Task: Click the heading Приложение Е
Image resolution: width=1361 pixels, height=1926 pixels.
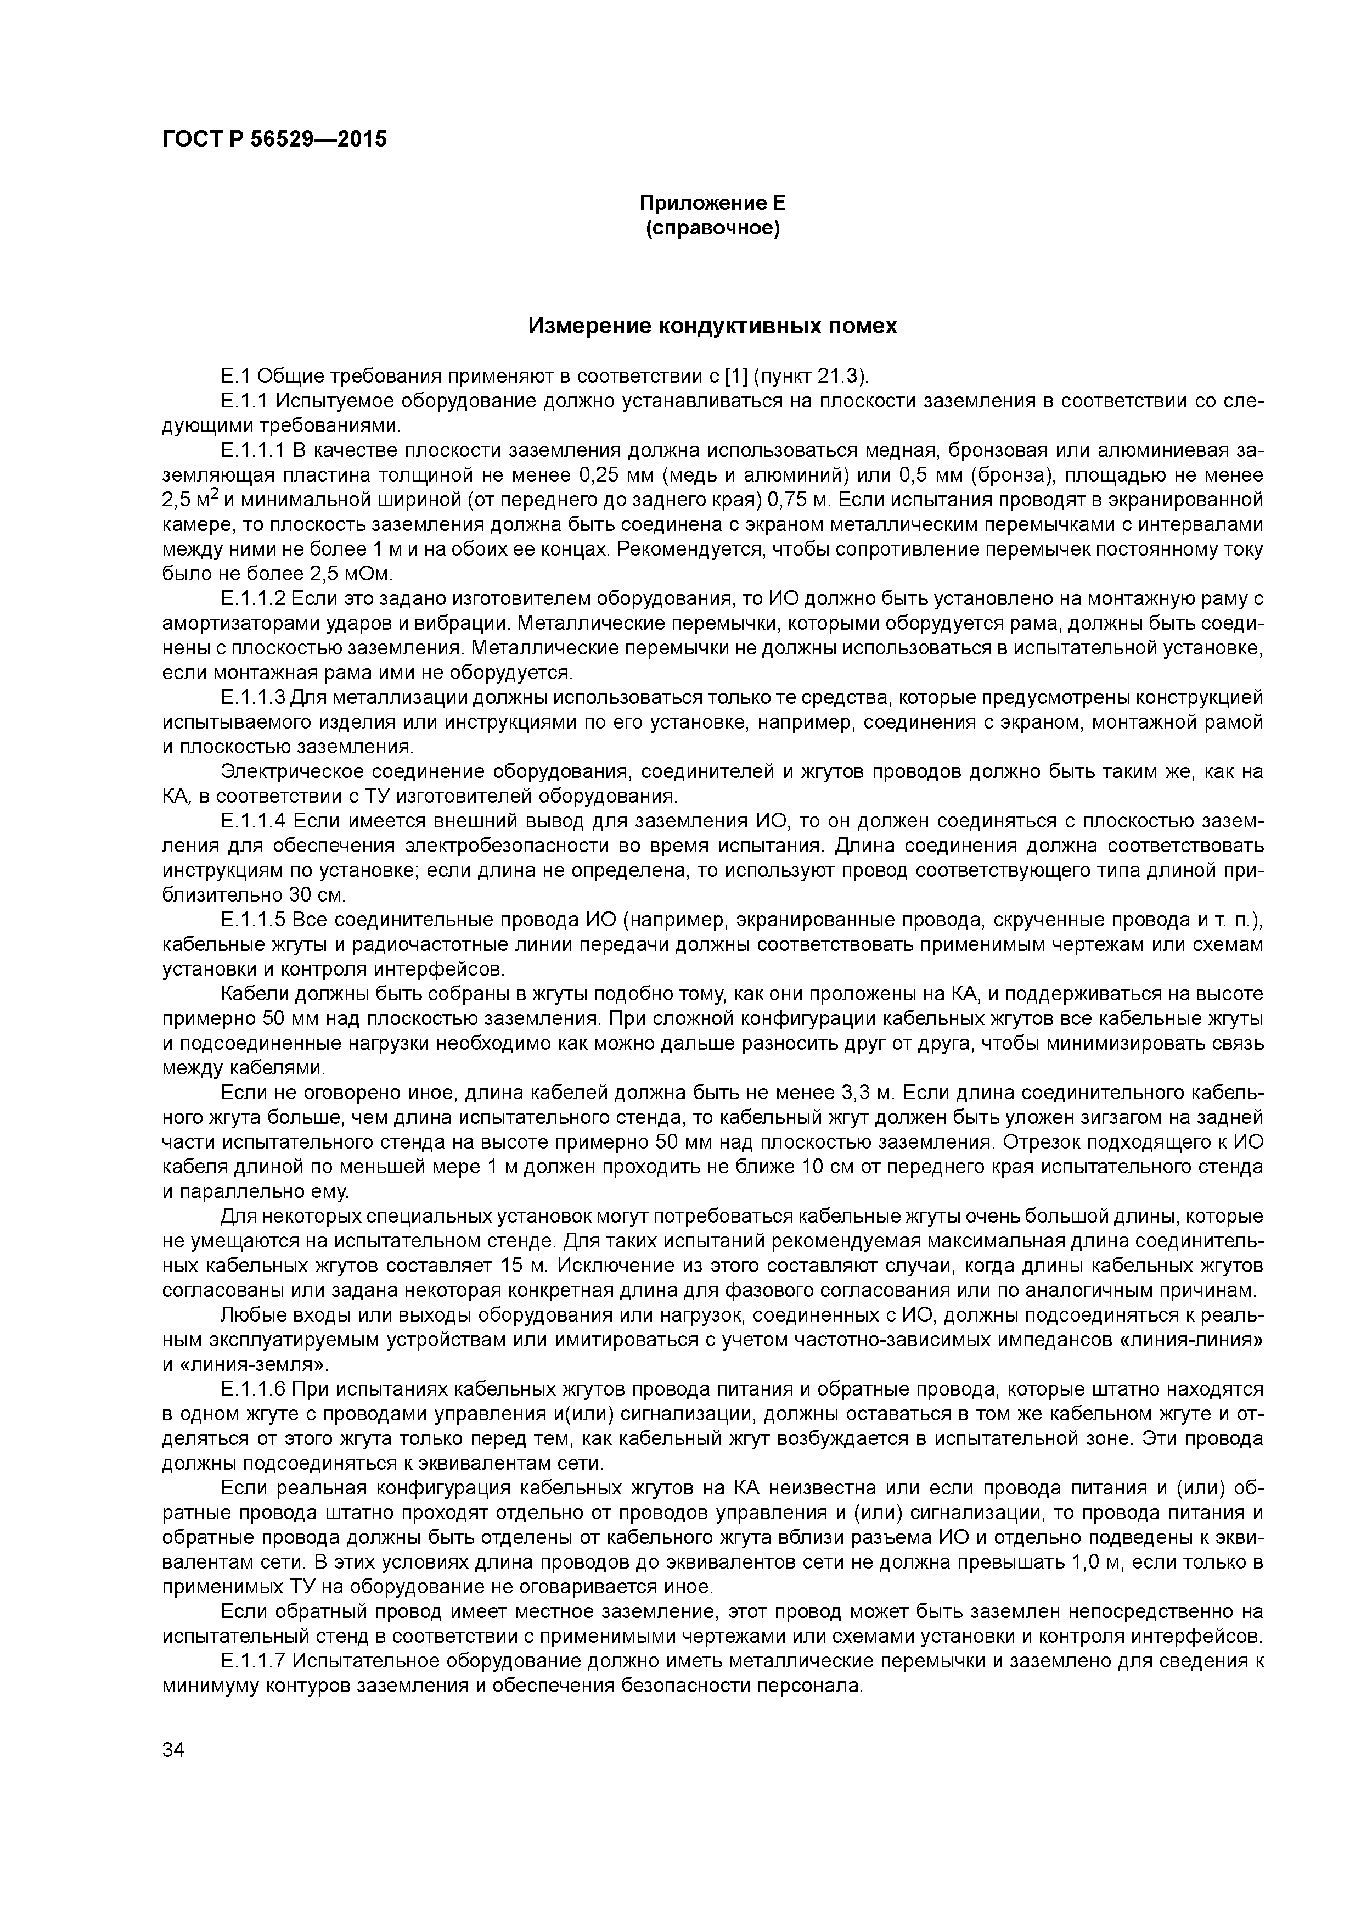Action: pos(712,203)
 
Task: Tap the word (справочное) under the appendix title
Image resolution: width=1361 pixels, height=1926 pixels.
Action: pos(712,228)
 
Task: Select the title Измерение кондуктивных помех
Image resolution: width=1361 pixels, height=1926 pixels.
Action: pos(712,326)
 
